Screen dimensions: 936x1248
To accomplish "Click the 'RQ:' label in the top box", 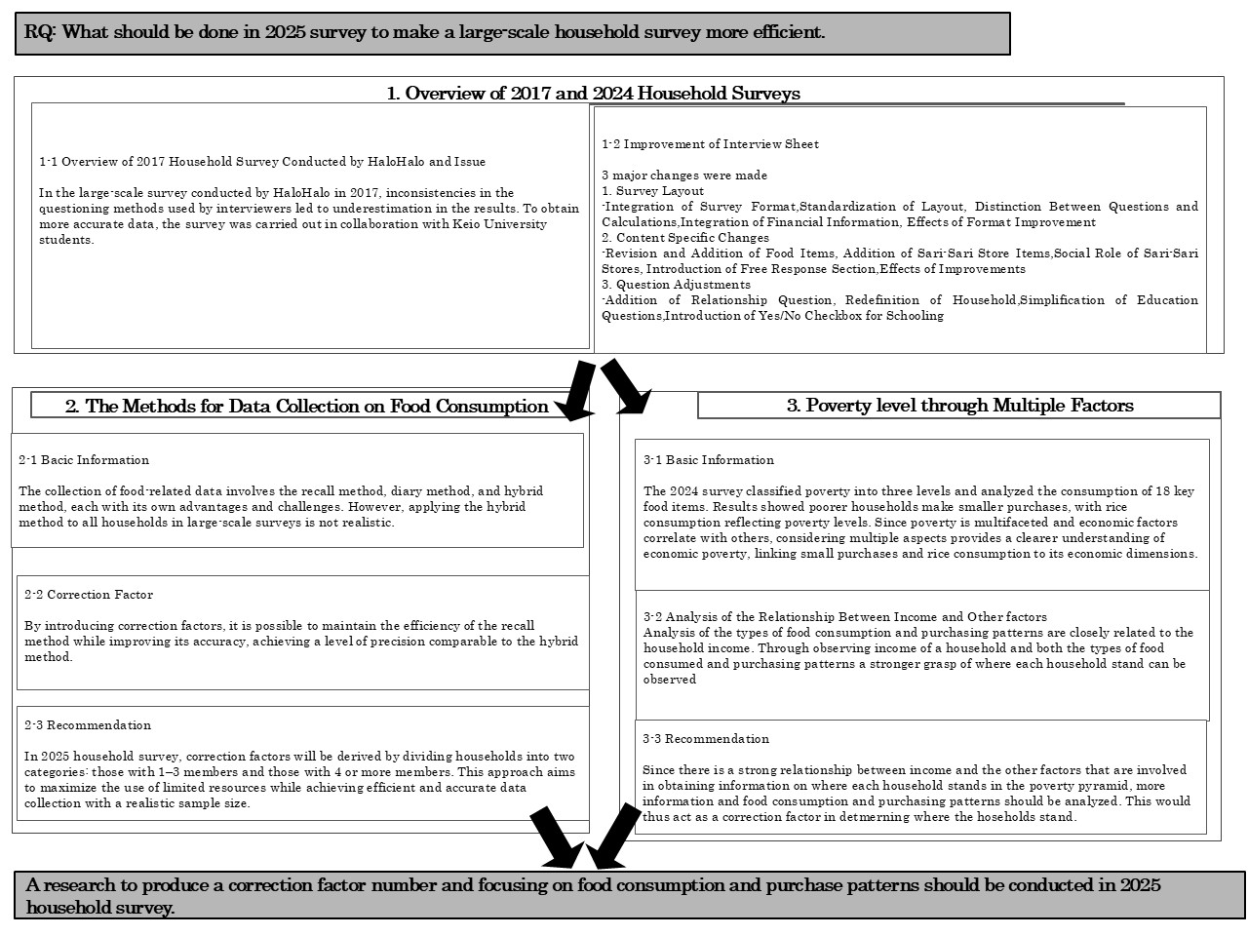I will point(41,32).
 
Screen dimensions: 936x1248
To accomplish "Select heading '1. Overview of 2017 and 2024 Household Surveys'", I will point(593,94).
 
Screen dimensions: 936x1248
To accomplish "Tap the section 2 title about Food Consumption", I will point(306,407).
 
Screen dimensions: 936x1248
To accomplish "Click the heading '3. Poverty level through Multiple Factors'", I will point(959,406).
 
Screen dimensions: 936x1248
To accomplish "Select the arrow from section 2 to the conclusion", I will point(553,838).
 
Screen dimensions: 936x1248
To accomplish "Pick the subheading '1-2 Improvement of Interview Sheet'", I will point(710,144).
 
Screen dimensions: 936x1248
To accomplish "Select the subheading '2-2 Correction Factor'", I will point(89,595).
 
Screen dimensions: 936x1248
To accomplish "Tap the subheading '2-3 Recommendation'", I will point(88,725).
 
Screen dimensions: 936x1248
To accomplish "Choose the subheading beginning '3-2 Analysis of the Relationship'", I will point(844,617).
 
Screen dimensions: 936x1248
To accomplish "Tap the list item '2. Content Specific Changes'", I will point(684,238).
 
